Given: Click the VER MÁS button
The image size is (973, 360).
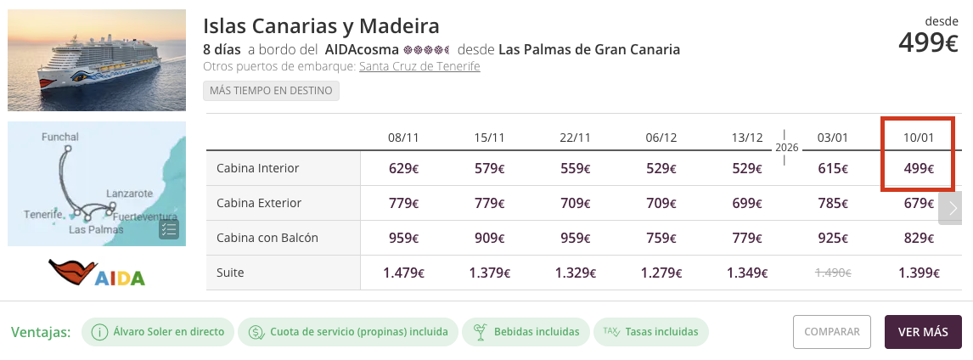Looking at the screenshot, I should [x=923, y=332].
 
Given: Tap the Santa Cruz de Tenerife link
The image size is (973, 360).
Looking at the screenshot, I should [x=419, y=66].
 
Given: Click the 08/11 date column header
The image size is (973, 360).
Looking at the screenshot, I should [x=403, y=137].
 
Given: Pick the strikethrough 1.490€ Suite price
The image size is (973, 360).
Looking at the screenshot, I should [x=833, y=273].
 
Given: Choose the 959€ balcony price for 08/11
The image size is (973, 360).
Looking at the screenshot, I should [x=403, y=238].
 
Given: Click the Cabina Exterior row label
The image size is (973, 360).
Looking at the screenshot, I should [x=259, y=203].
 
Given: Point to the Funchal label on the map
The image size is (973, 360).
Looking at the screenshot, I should [x=59, y=137].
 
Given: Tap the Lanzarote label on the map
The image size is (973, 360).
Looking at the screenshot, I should [x=129, y=194].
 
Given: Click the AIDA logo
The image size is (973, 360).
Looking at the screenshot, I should [x=97, y=273].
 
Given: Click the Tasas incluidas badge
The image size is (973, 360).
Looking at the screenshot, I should [x=651, y=332].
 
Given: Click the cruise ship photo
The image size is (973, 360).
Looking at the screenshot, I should [x=97, y=60].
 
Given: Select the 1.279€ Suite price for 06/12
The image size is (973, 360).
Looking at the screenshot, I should [x=661, y=273].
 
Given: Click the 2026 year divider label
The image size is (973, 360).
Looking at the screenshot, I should [x=786, y=147].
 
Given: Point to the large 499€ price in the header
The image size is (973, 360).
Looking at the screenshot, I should [x=928, y=42].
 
